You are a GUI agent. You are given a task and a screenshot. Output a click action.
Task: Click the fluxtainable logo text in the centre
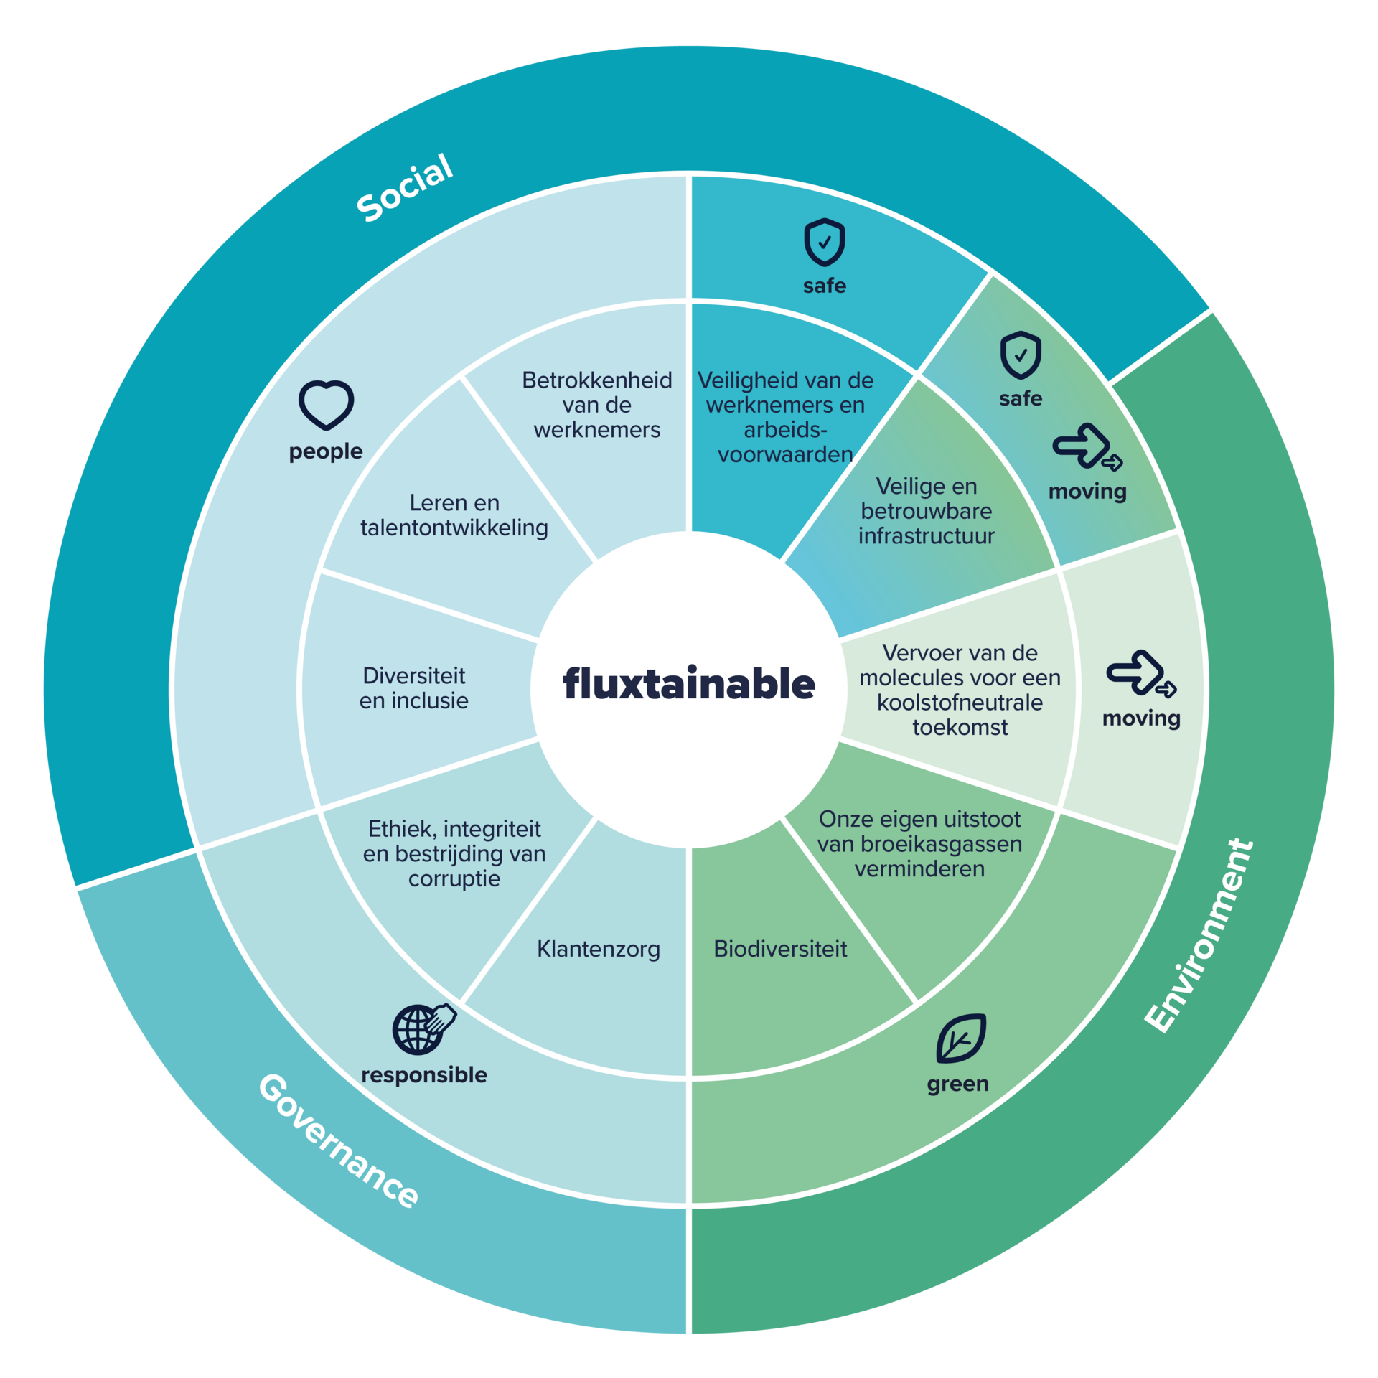688,683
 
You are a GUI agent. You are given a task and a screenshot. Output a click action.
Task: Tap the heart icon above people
326,405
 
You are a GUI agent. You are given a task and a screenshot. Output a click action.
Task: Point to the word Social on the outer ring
406,187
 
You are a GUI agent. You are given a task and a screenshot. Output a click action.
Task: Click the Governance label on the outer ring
338,1141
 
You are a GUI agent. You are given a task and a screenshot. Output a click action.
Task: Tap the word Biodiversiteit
780,949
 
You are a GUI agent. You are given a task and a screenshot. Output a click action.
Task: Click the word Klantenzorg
598,949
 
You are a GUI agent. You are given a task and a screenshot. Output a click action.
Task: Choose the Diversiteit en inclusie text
414,688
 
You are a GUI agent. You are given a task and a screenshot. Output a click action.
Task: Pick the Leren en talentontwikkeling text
454,515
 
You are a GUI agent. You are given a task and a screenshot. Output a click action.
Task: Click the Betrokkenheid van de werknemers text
597,404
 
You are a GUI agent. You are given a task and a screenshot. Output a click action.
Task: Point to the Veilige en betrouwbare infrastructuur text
926,511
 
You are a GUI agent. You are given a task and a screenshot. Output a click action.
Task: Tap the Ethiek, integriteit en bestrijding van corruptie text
454,853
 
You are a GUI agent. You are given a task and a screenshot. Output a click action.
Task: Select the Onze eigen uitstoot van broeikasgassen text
919,843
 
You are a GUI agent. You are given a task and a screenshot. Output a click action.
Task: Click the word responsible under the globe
424,1074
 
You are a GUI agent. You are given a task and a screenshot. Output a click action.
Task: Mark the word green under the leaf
957,1084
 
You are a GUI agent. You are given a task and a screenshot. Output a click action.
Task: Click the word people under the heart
326,451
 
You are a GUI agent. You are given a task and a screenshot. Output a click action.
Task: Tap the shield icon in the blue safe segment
824,242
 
